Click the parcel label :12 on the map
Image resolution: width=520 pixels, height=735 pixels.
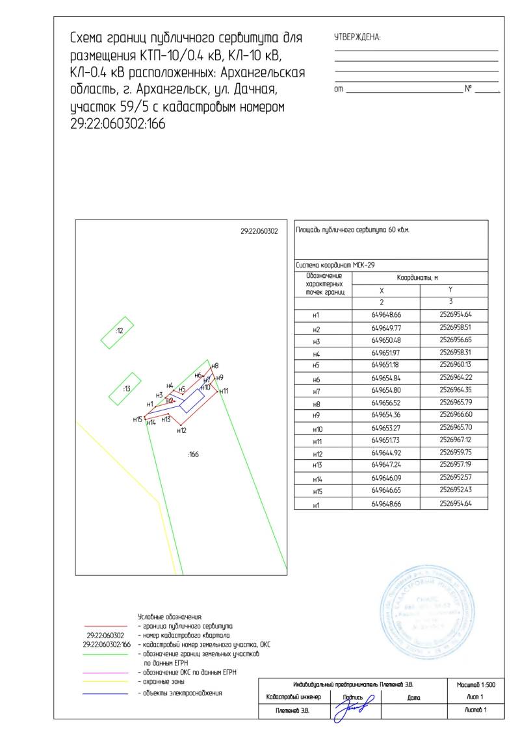120,330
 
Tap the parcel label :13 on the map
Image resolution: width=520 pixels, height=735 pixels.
127,388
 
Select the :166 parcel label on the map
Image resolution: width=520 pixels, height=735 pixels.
193,455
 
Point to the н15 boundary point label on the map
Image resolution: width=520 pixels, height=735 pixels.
137,419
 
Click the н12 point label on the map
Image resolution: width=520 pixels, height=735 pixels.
182,430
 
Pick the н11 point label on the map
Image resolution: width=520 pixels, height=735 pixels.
224,391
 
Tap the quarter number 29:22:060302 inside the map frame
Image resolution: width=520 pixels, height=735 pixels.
259,230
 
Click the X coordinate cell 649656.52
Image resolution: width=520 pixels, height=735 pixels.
385,403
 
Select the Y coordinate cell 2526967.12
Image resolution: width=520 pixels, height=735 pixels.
455,441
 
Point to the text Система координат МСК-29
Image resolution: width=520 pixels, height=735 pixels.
335,265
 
